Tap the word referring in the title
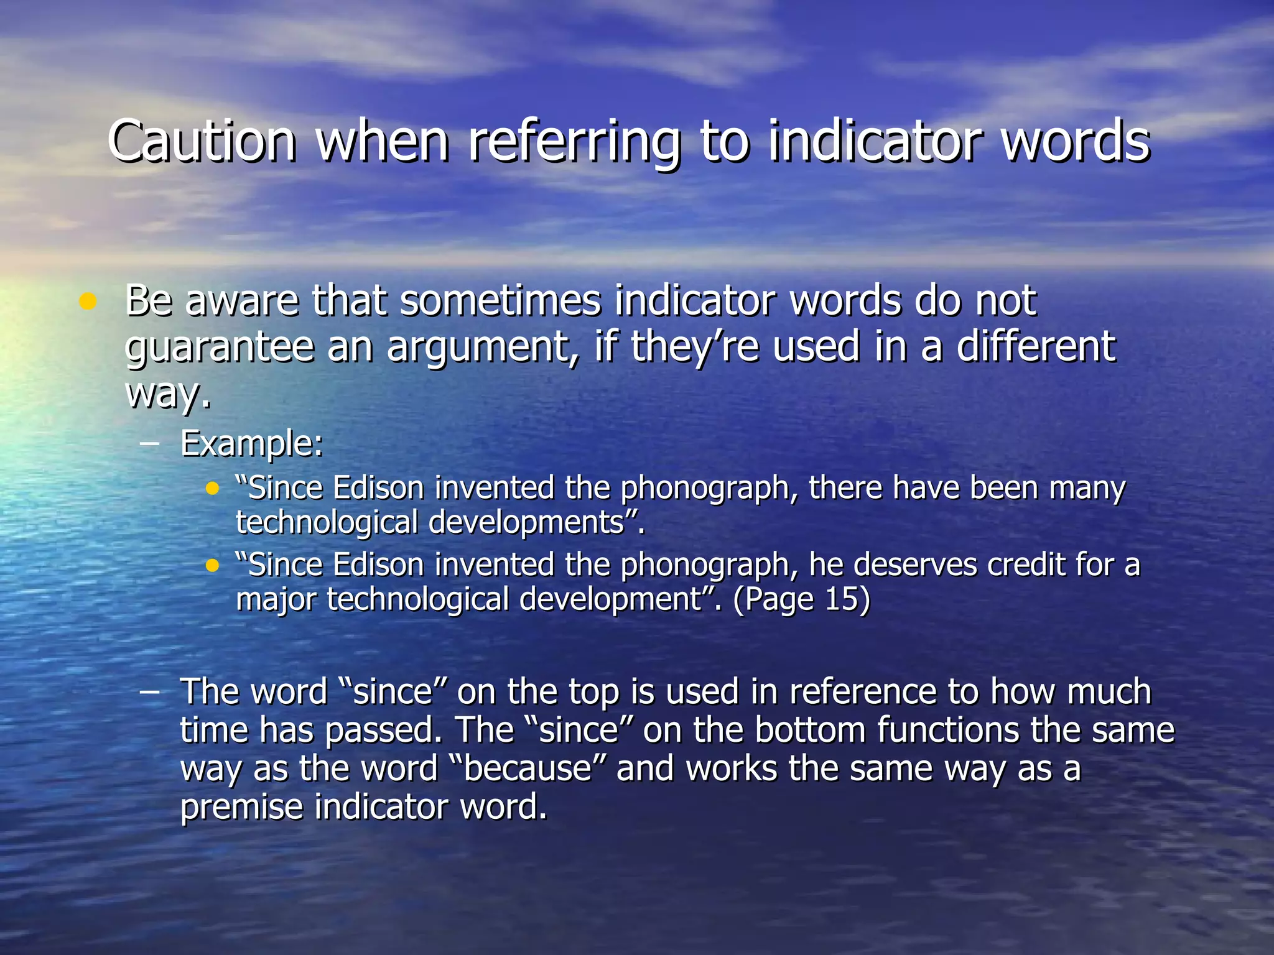point(573,142)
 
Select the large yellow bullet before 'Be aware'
point(88,302)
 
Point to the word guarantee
point(219,347)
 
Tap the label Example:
point(252,444)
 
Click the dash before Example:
point(149,444)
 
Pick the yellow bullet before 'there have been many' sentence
point(213,489)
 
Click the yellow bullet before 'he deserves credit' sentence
point(213,566)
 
